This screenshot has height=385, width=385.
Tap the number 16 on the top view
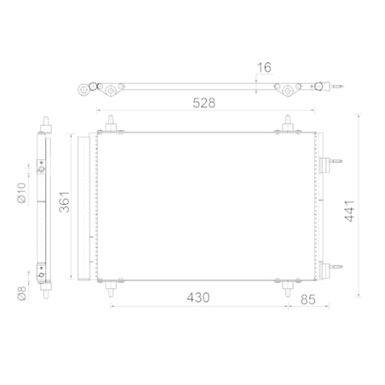265,68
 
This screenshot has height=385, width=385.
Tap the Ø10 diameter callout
22,189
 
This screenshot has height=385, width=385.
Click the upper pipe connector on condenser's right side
333,162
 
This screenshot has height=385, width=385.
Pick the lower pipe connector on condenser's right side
333,269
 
